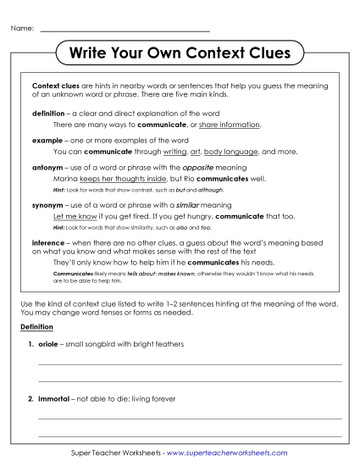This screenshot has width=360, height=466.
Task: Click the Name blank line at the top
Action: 125,30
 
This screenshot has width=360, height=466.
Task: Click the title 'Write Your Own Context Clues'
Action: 179,53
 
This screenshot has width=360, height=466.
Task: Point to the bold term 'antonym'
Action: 48,168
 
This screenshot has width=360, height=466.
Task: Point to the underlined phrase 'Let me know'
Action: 71,216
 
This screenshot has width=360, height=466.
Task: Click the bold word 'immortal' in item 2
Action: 53,397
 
